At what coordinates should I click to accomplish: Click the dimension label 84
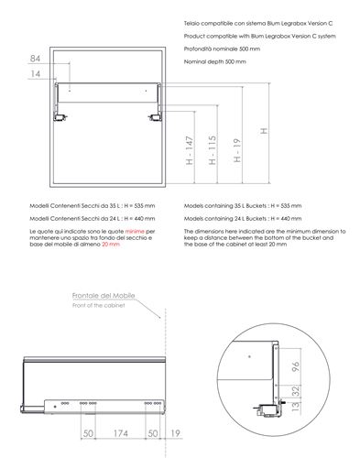coord(35,59)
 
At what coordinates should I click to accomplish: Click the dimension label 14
coord(36,73)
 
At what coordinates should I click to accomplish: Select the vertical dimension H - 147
coord(190,150)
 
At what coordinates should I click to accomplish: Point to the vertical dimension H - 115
coord(213,150)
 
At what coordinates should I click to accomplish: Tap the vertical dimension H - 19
coord(237,150)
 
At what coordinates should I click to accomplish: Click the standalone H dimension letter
coord(264,131)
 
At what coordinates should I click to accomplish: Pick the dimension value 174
coord(121,433)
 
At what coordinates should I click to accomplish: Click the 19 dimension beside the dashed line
coord(175,433)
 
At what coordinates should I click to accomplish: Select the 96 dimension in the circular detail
coord(296,366)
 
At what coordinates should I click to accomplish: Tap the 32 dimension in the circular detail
coord(296,391)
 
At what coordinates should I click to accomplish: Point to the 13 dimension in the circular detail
coord(296,407)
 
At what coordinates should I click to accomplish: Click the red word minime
coord(135,232)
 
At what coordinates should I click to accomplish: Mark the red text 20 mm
coord(111,245)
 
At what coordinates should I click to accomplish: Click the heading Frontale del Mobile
coord(104,296)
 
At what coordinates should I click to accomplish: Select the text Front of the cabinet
coord(99,305)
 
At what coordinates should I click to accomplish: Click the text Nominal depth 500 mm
coord(214,61)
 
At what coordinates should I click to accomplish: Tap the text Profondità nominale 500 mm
coord(222,49)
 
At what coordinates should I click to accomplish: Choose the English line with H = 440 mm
coord(243,219)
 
